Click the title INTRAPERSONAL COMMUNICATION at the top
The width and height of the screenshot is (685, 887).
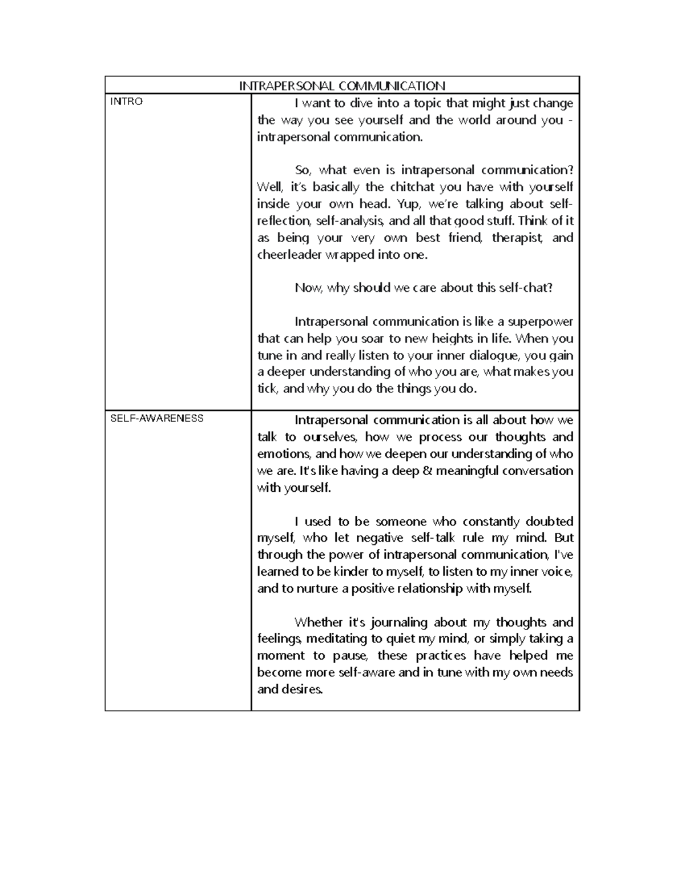pos(342,86)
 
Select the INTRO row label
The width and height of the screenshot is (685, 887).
pos(126,102)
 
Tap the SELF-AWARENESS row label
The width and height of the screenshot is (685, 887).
pos(156,418)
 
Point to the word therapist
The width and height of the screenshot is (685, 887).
pos(517,238)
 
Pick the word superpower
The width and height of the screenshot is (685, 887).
pos(540,322)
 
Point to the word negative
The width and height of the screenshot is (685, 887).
pos(379,538)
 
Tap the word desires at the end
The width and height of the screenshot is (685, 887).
pos(301,689)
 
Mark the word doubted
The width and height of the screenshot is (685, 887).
pos(549,521)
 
